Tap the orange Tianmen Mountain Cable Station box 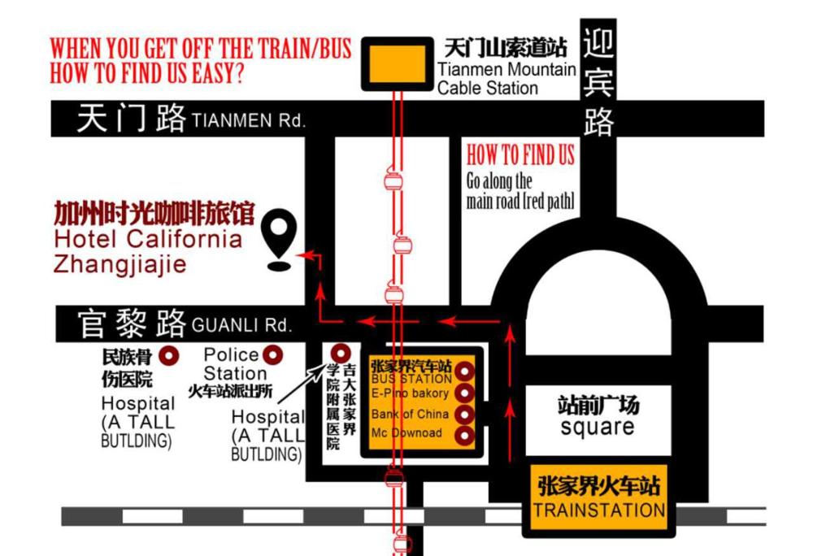[x=397, y=63]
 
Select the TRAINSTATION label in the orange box [x=598, y=510]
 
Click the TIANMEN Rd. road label [x=249, y=122]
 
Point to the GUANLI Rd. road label [x=241, y=326]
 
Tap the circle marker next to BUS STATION [x=464, y=372]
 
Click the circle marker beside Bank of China [x=464, y=415]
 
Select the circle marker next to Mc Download [x=464, y=436]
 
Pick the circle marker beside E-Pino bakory [x=464, y=393]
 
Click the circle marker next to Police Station [x=275, y=354]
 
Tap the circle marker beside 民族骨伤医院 [x=170, y=355]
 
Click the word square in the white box [x=598, y=427]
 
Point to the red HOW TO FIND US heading [x=520, y=155]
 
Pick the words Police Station [x=234, y=364]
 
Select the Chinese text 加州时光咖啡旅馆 [x=154, y=215]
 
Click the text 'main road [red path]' [x=520, y=201]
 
